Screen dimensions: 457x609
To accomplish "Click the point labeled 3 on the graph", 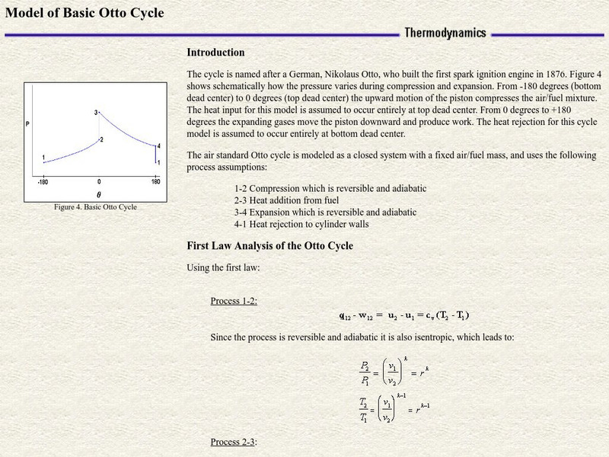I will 97,113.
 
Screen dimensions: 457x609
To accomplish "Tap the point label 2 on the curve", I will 101,140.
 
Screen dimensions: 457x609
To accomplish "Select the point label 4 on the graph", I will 158,146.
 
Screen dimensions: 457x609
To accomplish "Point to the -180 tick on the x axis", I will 43,183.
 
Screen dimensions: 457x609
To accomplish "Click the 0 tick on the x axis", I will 99,183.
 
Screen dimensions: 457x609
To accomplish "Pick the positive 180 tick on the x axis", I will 155,183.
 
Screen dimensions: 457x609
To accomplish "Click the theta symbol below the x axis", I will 98,195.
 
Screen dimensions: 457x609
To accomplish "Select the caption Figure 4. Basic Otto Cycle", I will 95,206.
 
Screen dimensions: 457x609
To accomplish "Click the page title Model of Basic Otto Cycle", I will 84,13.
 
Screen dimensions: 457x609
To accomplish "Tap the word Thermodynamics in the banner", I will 445,33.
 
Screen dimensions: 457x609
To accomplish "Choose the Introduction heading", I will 215,53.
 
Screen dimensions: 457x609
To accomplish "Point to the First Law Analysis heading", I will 269,246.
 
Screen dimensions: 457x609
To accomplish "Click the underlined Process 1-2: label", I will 234,300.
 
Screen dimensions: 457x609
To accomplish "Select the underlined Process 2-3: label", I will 234,442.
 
